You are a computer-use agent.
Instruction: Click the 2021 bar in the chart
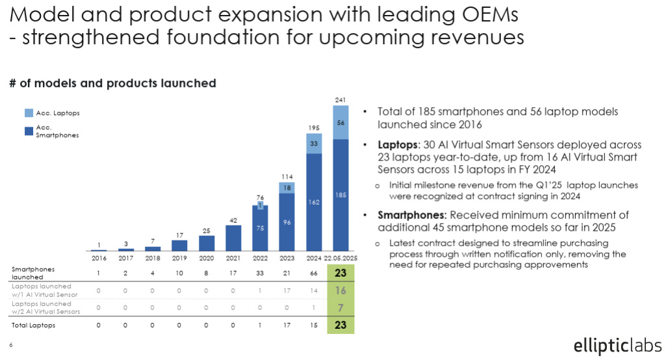click(233, 238)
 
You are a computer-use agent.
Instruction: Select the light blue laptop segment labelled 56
click(340, 123)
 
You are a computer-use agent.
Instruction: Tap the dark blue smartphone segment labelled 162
click(314, 202)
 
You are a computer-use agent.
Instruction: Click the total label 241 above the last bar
click(340, 100)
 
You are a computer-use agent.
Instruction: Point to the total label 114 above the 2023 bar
click(287, 176)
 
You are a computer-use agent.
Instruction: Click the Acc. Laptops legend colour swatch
click(29, 113)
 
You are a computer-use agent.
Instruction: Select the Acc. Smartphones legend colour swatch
click(29, 131)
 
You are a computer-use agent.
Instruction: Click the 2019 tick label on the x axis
click(179, 258)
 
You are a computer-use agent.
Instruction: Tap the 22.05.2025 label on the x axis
click(340, 258)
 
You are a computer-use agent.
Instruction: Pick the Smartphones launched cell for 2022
click(260, 273)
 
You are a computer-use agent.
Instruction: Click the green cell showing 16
click(340, 290)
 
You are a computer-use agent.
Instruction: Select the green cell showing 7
click(340, 307)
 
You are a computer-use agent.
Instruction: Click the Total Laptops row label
click(34, 326)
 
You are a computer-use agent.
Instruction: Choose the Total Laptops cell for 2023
click(287, 326)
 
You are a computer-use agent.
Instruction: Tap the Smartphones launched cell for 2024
click(314, 273)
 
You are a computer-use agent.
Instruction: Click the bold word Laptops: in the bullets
click(399, 146)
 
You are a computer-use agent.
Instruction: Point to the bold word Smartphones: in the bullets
click(412, 215)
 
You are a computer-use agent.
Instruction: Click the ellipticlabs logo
click(618, 346)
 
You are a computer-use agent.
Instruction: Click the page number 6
click(11, 344)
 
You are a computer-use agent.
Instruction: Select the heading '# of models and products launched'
click(113, 83)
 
